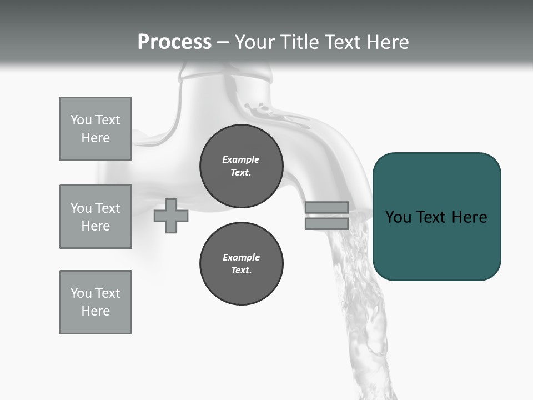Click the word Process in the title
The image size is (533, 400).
click(174, 42)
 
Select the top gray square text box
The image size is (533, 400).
click(95, 129)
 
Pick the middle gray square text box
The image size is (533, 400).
click(95, 217)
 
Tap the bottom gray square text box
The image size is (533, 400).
click(95, 302)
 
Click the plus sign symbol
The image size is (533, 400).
click(171, 216)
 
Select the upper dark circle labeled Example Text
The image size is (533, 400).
click(241, 166)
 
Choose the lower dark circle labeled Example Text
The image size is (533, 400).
click(241, 264)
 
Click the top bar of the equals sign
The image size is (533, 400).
click(326, 208)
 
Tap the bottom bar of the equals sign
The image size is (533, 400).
click(326, 224)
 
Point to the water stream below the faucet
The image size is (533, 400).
click(361, 311)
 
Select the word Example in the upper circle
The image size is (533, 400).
click(240, 159)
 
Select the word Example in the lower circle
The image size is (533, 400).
click(241, 257)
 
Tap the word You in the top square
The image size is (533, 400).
click(81, 120)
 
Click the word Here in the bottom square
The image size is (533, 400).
click(95, 311)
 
